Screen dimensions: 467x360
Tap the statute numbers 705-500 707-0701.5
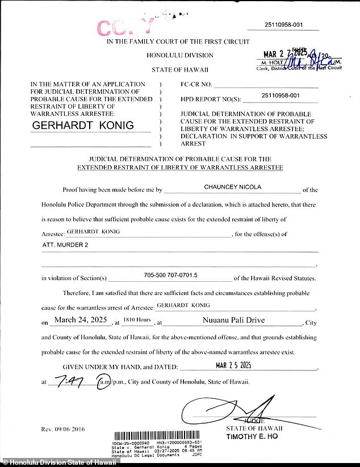point(170,275)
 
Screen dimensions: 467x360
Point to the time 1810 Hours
point(139,321)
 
